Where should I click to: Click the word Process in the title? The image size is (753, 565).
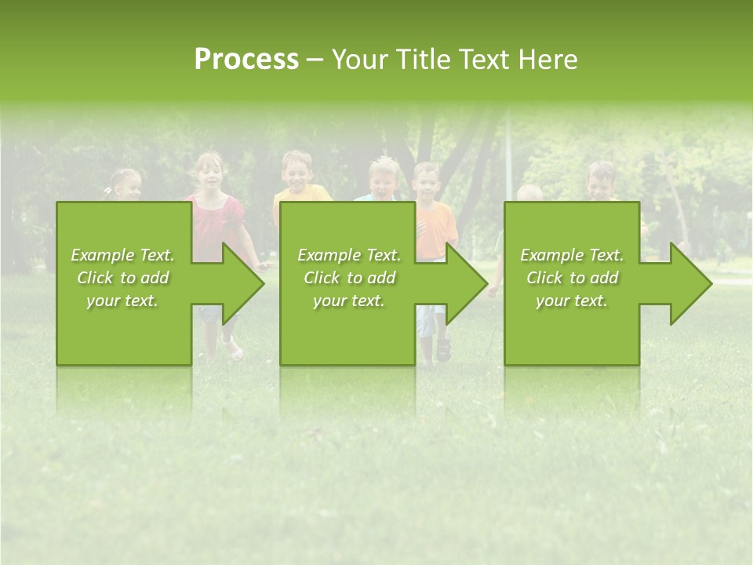(x=246, y=60)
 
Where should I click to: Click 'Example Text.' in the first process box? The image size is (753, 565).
(x=122, y=255)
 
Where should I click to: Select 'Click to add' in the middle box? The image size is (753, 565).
(x=349, y=278)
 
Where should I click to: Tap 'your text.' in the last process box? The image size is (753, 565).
(x=571, y=301)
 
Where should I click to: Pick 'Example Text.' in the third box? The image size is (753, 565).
(x=571, y=255)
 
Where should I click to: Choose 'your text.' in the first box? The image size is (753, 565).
(x=122, y=301)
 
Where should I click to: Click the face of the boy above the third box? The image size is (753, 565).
(x=602, y=181)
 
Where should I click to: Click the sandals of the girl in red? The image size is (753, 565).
(x=232, y=350)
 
